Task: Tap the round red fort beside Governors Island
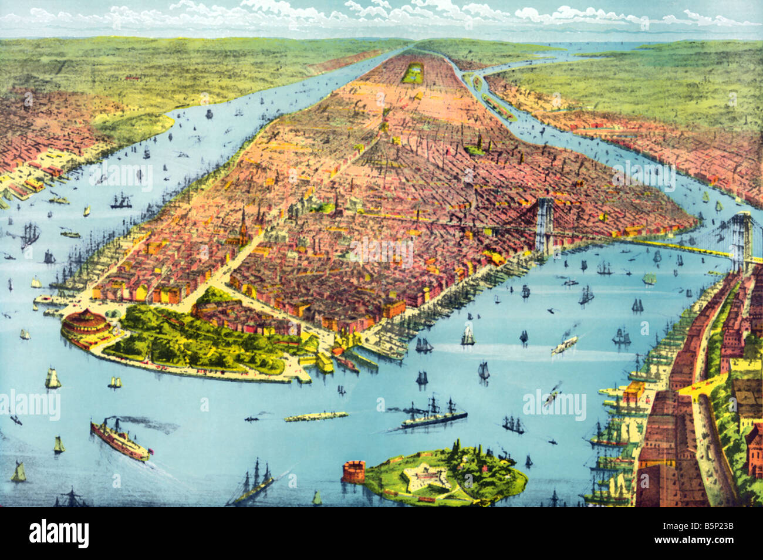pyautogui.click(x=353, y=471)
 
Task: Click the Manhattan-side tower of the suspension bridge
pyautogui.click(x=544, y=225)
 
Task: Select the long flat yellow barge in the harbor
pyautogui.click(x=316, y=416)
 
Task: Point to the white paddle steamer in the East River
pyautogui.click(x=563, y=345)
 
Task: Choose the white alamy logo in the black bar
pyautogui.click(x=59, y=534)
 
